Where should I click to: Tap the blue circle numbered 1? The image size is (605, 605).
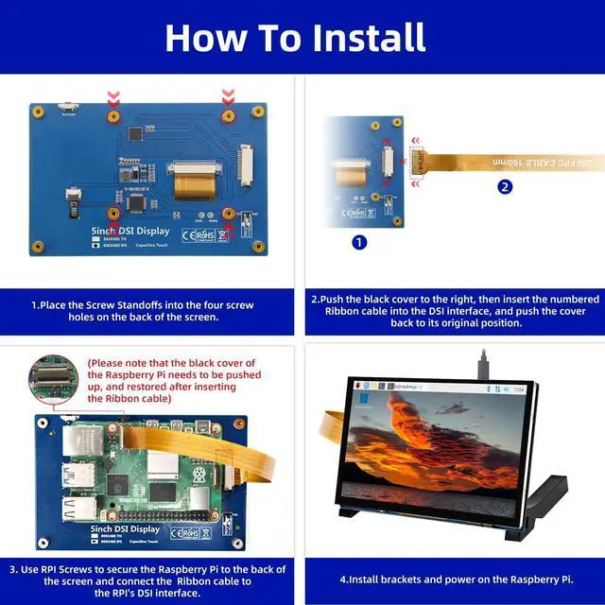pos(359,242)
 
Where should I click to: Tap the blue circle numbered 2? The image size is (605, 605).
pos(505,186)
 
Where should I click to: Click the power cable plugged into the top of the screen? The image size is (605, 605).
pos(482,363)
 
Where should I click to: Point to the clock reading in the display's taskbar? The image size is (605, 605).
pos(519,389)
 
